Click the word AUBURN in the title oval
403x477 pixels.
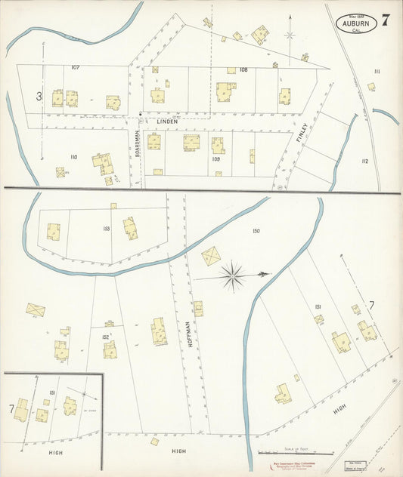(x=356, y=23)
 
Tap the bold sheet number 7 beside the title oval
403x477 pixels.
(x=386, y=20)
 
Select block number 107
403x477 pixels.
(x=76, y=68)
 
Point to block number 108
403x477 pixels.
(x=243, y=69)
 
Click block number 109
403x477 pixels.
(x=215, y=159)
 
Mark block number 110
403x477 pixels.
(x=73, y=157)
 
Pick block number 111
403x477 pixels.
(x=376, y=71)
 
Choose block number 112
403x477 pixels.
(x=364, y=161)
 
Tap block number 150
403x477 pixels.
(x=256, y=231)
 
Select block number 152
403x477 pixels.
(x=105, y=337)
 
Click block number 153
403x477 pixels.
(x=106, y=228)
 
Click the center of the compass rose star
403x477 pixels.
(x=232, y=275)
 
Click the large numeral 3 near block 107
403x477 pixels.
(x=38, y=96)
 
